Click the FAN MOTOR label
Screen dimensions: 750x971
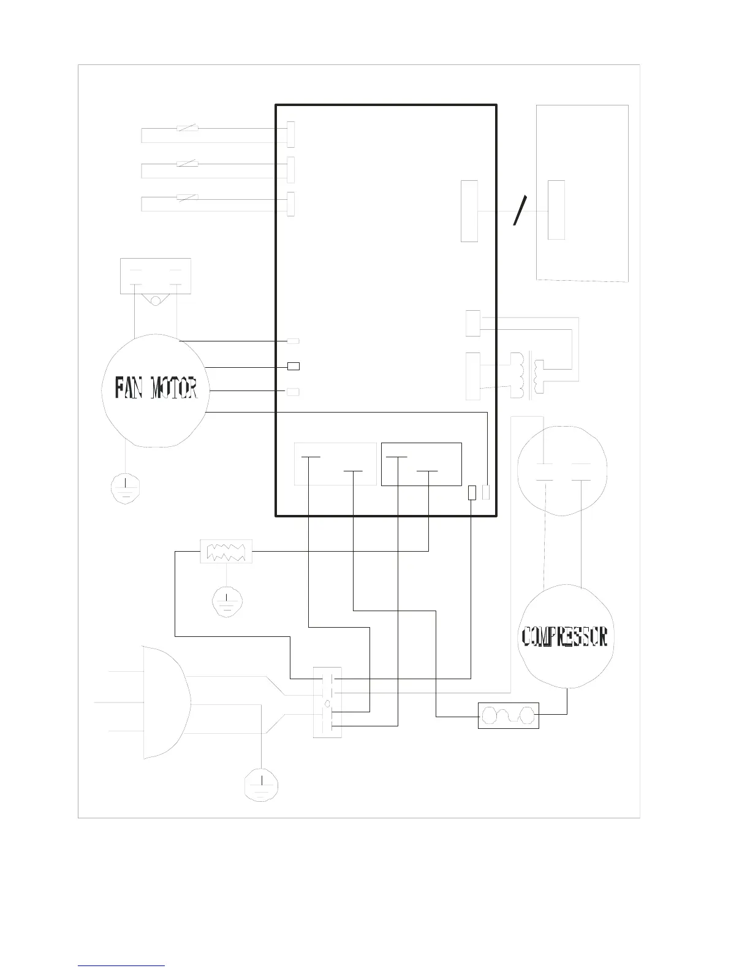(156, 387)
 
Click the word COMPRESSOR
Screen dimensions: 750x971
(564, 636)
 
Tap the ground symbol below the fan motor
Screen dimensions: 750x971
(126, 489)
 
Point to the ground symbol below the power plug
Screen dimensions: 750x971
(261, 785)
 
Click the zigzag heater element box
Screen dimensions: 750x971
(226, 552)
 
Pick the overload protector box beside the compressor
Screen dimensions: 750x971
(509, 715)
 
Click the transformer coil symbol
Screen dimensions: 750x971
(528, 375)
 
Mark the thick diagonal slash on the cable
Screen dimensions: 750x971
(520, 210)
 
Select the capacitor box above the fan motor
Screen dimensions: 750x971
(156, 276)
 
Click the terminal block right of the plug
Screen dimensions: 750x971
(327, 702)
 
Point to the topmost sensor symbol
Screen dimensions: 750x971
(187, 128)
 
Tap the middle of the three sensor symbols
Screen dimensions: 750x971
(187, 164)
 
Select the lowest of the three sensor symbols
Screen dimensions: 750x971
(187, 197)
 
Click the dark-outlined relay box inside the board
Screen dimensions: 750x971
(421, 464)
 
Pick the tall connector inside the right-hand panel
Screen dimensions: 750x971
(556, 210)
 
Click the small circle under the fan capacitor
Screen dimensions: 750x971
(155, 301)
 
